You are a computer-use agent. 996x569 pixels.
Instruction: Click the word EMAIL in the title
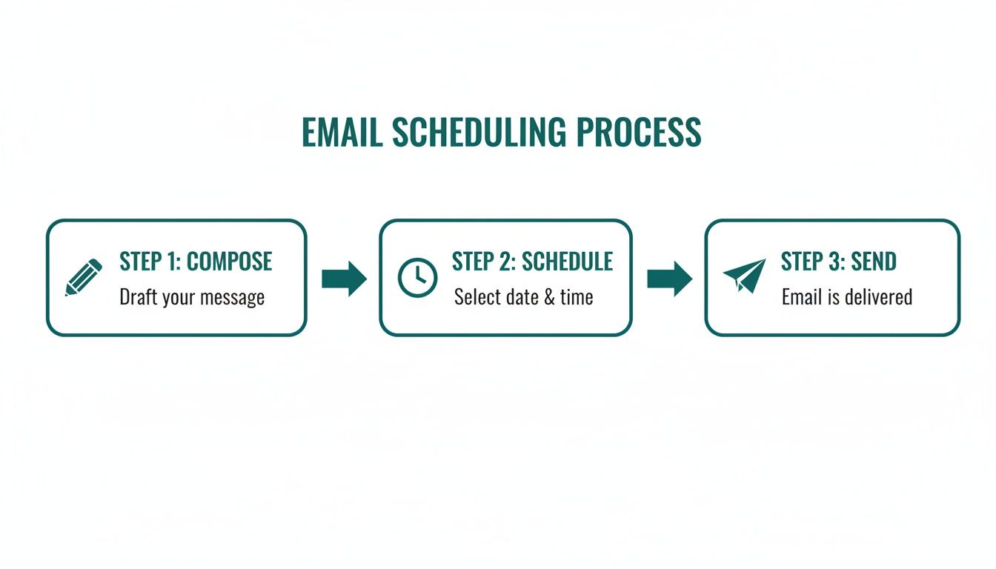coord(342,133)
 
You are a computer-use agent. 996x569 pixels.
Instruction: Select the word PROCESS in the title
coord(638,133)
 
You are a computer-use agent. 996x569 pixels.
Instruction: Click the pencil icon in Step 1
coord(84,278)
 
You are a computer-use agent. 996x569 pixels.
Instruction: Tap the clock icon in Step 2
coord(417,278)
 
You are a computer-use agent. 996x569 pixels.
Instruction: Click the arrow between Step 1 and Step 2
coord(344,279)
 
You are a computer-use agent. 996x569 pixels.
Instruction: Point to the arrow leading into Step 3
coord(669,279)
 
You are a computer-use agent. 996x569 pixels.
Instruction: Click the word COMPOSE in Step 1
coord(229,262)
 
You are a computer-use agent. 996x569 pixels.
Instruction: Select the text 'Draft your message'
coord(192,298)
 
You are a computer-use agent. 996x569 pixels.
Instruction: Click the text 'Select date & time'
coord(523,298)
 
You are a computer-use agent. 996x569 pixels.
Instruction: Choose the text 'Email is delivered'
coord(846,298)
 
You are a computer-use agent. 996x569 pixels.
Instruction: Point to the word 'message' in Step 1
coord(234,299)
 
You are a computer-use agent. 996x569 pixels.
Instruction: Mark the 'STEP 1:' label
coord(150,262)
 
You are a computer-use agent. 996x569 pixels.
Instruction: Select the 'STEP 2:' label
coord(484,262)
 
